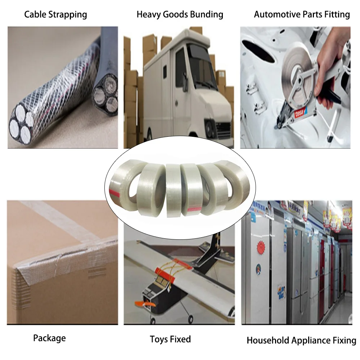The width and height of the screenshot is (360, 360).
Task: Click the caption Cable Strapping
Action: (55, 15)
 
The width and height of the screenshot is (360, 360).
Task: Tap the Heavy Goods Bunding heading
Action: (180, 15)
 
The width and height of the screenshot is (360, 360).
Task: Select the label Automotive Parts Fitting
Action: (302, 15)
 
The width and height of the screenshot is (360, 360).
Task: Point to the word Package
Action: (49, 338)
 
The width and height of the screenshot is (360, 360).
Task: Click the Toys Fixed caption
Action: (170, 339)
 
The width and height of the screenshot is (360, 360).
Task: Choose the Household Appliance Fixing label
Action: (301, 341)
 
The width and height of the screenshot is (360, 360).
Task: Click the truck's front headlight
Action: (210, 126)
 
